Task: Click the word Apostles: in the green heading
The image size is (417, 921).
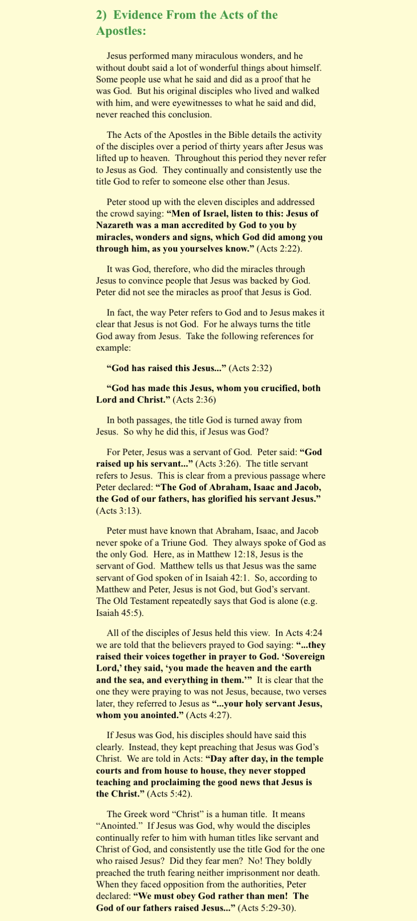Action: coord(121,32)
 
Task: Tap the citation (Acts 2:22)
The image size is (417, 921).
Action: coord(279,249)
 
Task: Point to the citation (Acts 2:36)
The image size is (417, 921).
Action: coord(194,400)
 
